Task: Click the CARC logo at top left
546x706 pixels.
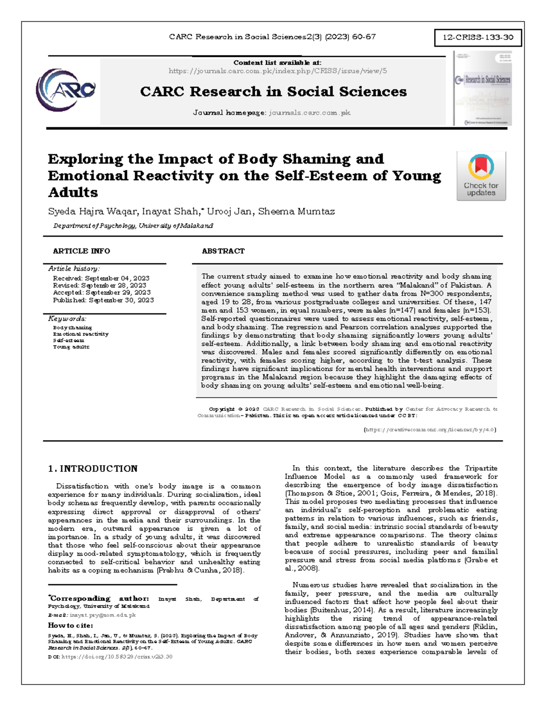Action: [66, 90]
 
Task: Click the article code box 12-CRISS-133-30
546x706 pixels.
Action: [478, 37]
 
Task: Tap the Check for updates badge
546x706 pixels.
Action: [481, 176]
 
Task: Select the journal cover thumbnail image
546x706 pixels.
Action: [483, 88]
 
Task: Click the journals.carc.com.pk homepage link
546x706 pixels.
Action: [309, 113]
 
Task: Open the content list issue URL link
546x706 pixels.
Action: [278, 71]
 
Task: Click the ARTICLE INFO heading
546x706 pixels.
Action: [81, 251]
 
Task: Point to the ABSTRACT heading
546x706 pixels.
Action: [223, 251]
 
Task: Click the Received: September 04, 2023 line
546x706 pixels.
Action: [101, 278]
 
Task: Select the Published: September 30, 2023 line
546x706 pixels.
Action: [103, 300]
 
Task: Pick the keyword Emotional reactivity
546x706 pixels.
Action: [81, 334]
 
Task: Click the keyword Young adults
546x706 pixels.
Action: [71, 347]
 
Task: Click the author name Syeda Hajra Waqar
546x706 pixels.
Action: [92, 211]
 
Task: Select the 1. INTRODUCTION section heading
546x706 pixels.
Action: [92, 469]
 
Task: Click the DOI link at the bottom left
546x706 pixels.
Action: [116, 656]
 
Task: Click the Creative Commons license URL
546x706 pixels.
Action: [430, 430]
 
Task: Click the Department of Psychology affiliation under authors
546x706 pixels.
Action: [133, 226]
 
